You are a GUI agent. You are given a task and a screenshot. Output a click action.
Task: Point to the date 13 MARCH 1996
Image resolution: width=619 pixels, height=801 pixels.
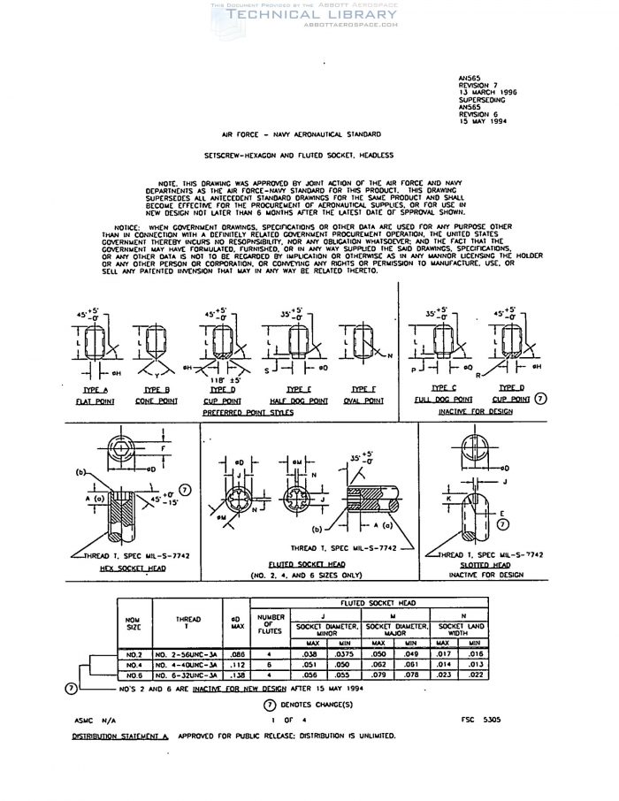488,91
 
